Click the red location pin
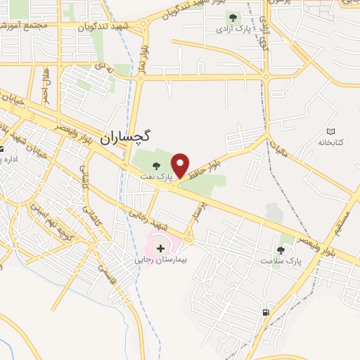[x=182, y=166]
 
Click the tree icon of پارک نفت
[x=156, y=166]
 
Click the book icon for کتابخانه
[x=331, y=131]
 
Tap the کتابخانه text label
[x=328, y=143]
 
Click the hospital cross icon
[x=160, y=247]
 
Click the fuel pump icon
[x=265, y=312]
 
